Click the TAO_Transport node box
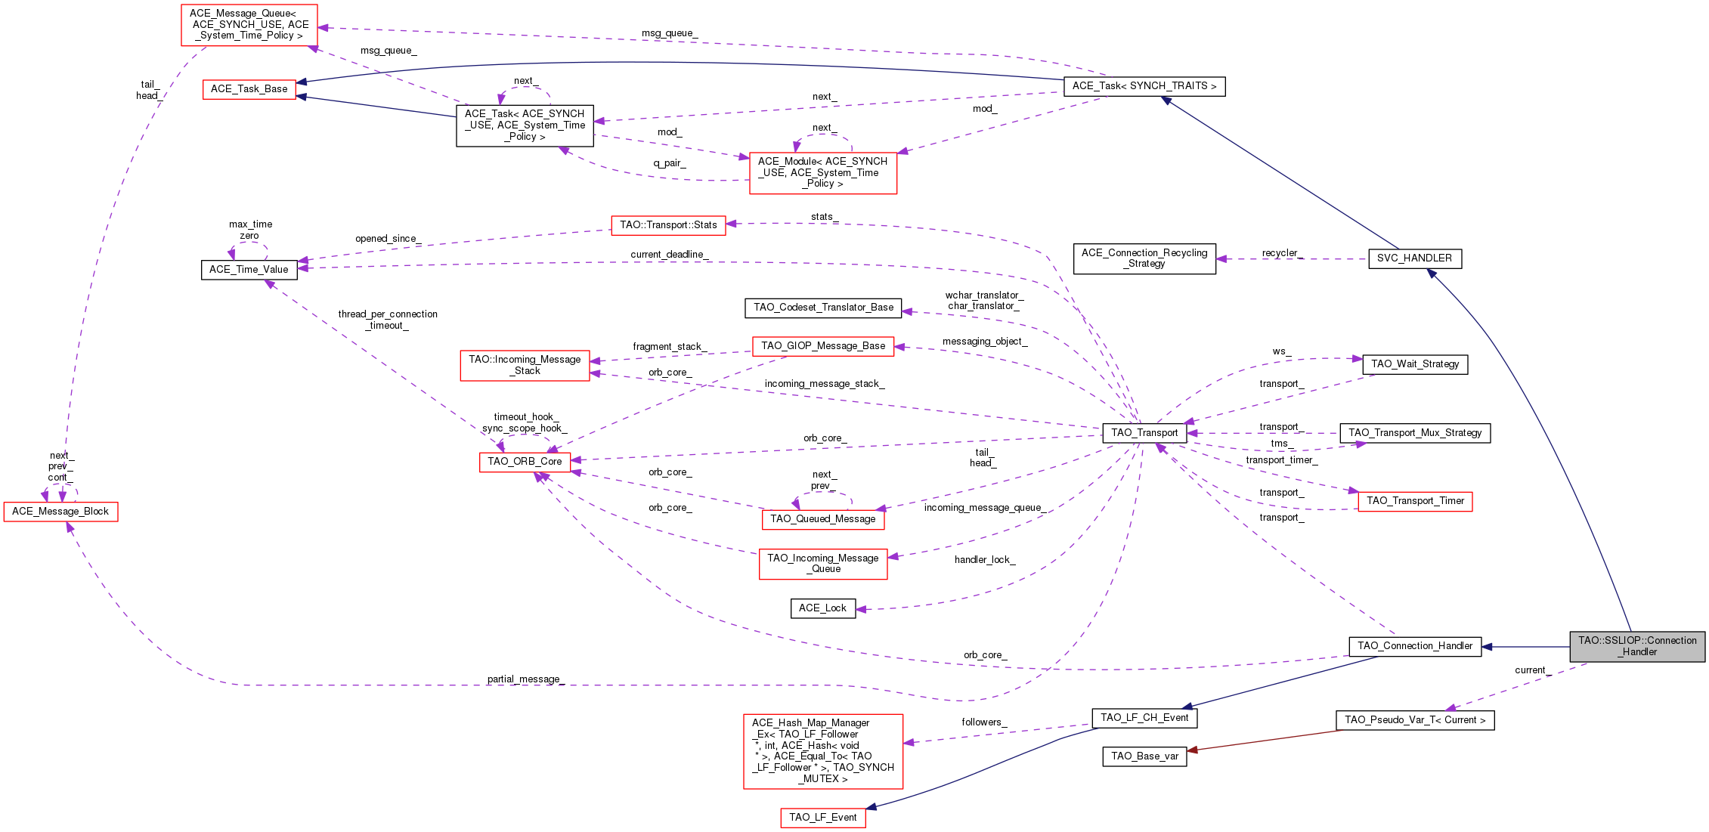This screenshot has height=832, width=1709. (x=1144, y=433)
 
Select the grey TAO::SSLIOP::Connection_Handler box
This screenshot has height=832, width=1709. (x=1637, y=647)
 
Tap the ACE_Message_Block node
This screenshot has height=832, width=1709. (x=60, y=512)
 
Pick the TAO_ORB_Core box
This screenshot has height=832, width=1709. (x=525, y=462)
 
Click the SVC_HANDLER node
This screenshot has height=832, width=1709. (x=1414, y=258)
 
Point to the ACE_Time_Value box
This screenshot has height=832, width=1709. (x=249, y=270)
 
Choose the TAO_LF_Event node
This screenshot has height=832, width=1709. (x=823, y=818)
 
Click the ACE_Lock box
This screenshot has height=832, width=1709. (x=823, y=608)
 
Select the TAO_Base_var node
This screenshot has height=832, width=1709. (x=1144, y=756)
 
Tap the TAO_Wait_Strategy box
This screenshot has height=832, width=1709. (x=1415, y=364)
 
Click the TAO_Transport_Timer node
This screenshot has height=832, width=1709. (x=1415, y=501)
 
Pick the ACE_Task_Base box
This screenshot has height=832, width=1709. (x=249, y=89)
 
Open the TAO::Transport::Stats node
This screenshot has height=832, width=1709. (x=668, y=225)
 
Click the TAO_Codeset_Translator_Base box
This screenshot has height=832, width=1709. (x=823, y=308)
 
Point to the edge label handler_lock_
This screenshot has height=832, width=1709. (x=985, y=560)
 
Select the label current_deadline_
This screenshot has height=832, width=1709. (x=670, y=255)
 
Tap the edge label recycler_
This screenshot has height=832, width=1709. (x=1283, y=253)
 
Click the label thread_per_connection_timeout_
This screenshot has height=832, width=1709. (x=388, y=320)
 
